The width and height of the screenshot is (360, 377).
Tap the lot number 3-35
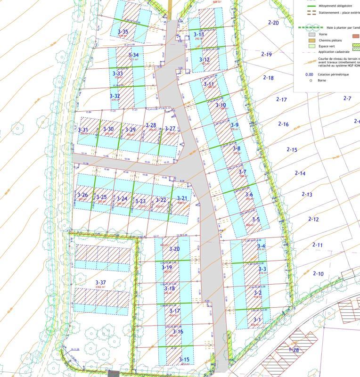pos(123,32)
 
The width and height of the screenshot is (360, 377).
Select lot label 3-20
pos(174,249)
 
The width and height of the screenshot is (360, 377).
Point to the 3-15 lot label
pos(184,360)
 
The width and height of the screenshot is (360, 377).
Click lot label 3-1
pos(257,320)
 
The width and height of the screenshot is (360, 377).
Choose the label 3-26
pos(82,195)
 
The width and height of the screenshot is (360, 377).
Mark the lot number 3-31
pos(83,130)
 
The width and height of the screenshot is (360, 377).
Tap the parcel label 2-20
pos(273,23)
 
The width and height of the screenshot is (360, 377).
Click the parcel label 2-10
pos(319,274)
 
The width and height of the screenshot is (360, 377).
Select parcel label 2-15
pos(292,149)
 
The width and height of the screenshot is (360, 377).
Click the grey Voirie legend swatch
pos(311,34)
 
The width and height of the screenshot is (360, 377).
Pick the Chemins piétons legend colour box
pos(311,41)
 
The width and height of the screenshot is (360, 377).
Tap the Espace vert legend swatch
pos(311,47)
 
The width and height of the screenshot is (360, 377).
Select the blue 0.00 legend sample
pos(309,74)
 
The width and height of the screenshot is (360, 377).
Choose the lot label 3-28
pos(151,125)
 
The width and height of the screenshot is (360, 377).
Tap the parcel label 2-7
pos(347,98)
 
